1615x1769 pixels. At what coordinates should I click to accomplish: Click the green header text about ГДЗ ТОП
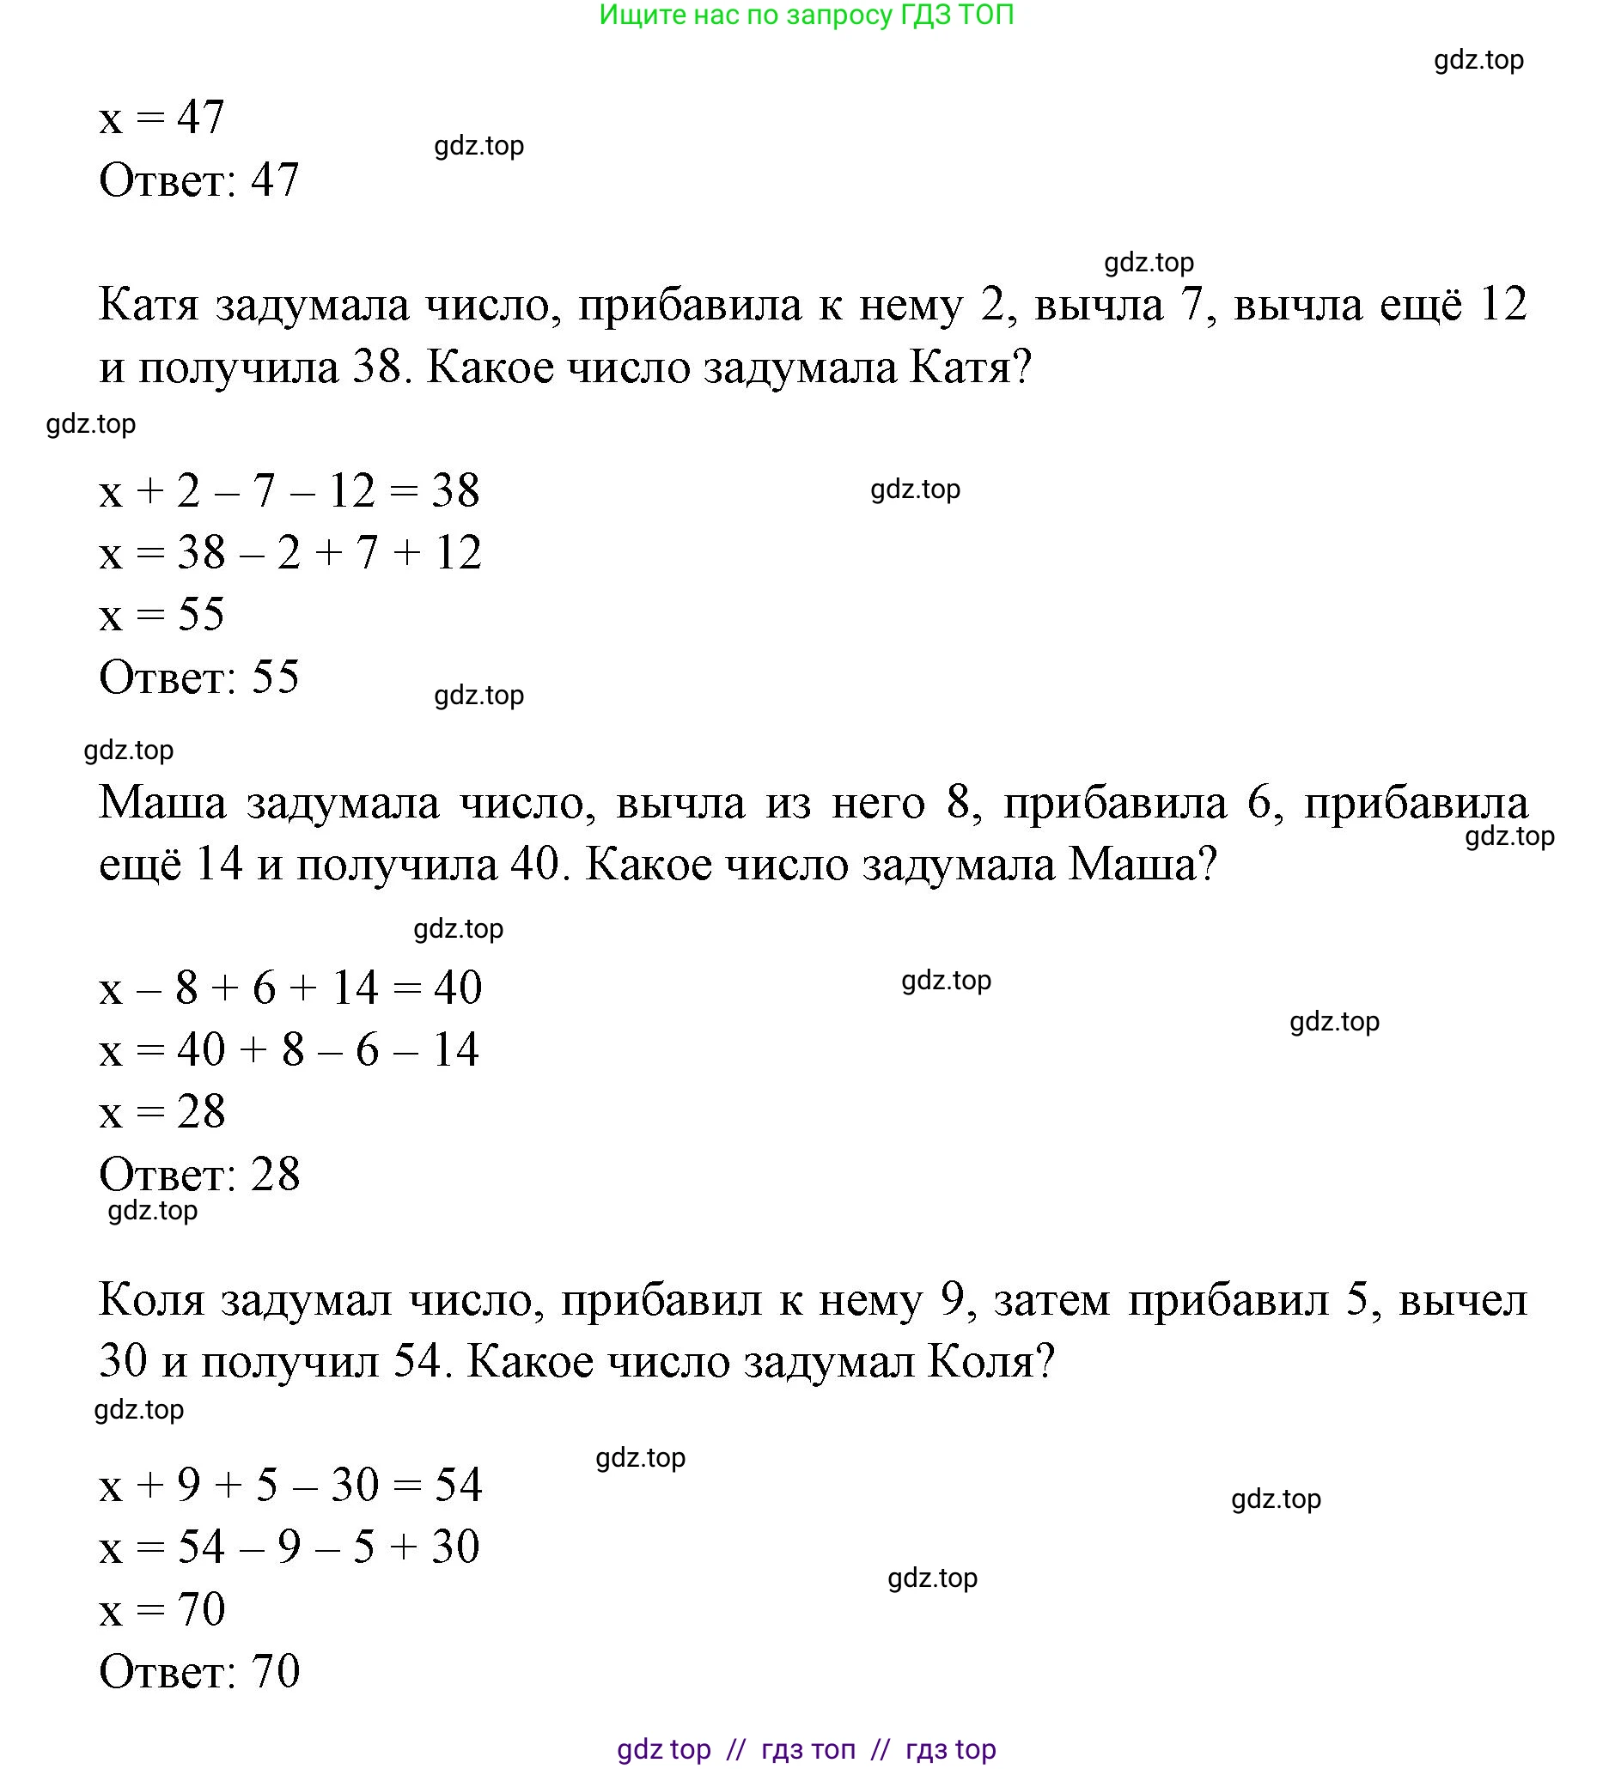click(806, 15)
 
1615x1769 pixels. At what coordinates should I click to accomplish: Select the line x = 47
click(161, 117)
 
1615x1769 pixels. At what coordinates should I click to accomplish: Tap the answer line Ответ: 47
click(199, 179)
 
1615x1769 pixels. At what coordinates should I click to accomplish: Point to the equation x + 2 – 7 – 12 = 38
click(289, 490)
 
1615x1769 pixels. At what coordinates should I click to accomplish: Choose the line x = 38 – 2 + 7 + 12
click(289, 553)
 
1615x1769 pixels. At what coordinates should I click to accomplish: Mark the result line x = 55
click(161, 614)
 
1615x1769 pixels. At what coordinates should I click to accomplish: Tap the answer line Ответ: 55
click(199, 678)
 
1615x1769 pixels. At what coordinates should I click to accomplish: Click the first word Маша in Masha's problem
click(162, 803)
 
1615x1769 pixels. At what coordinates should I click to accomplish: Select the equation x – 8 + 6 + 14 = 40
click(289, 988)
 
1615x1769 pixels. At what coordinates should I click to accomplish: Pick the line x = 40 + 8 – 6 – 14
click(289, 1050)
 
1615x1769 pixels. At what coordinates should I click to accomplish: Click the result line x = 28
click(161, 1112)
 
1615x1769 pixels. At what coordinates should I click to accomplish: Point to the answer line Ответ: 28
click(199, 1174)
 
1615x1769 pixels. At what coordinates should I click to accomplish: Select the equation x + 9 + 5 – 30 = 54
click(289, 1486)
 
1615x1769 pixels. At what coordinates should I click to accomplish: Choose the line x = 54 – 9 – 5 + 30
click(289, 1547)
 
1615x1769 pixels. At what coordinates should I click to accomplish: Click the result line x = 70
click(161, 1609)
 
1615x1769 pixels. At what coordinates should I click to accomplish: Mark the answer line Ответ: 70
click(199, 1672)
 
